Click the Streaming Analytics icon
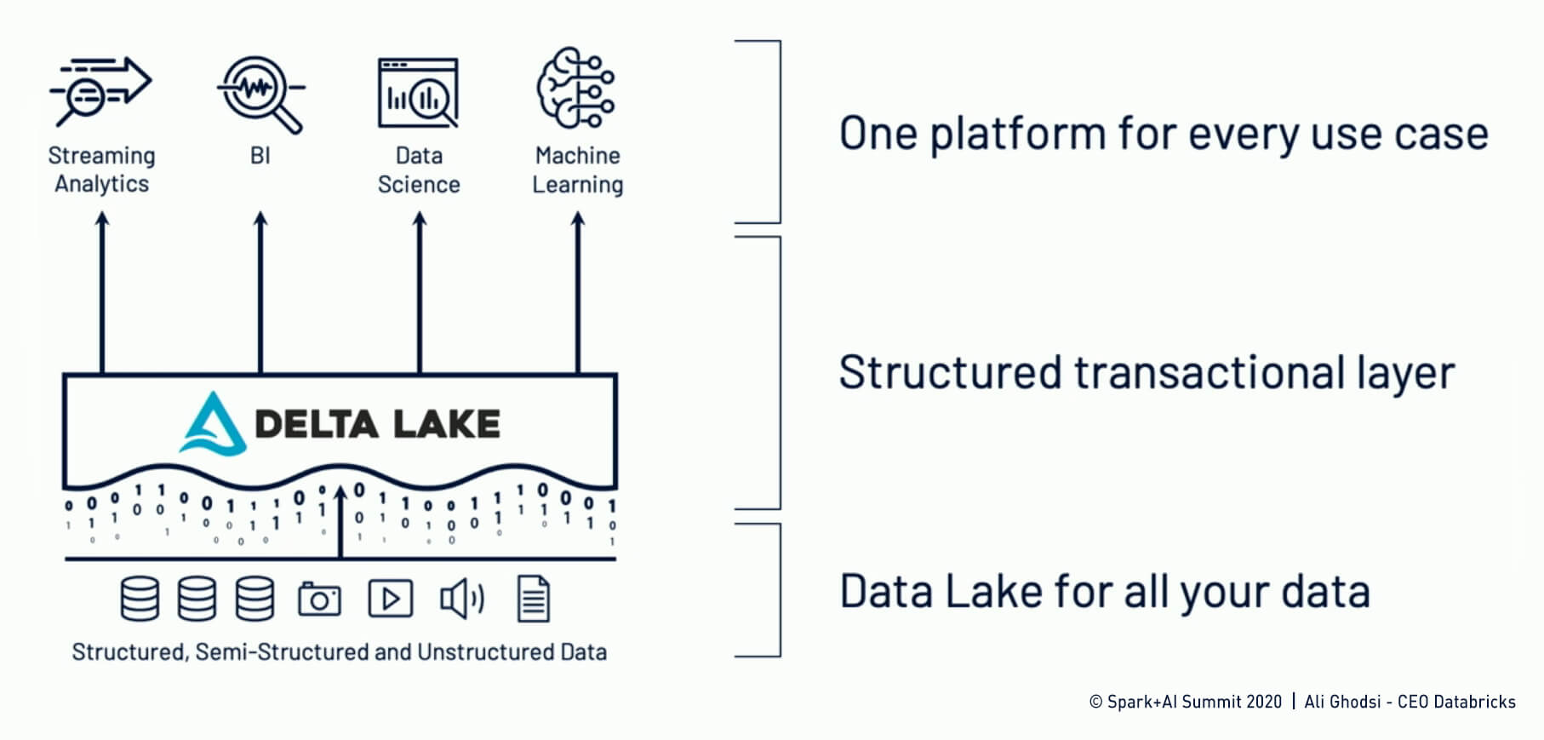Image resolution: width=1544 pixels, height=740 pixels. (100, 89)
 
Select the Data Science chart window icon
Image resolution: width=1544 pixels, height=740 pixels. (418, 92)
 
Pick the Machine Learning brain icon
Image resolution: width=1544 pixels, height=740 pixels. (576, 88)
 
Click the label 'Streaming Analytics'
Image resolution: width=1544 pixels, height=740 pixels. (101, 169)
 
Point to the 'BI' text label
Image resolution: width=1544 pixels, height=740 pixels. (260, 156)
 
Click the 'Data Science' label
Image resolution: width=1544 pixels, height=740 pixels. (419, 169)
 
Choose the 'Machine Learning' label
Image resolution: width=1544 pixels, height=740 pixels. (578, 169)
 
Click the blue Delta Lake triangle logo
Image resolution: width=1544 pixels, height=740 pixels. (212, 423)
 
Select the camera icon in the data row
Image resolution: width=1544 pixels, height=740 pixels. (319, 599)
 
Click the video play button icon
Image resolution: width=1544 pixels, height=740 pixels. (391, 599)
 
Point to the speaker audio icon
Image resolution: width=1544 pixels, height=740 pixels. (461, 599)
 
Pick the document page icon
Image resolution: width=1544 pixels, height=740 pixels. (534, 599)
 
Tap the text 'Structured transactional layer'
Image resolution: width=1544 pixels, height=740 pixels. (1147, 373)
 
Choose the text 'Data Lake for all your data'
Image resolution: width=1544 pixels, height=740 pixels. (1105, 592)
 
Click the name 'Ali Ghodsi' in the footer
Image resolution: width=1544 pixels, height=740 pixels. (1342, 702)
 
